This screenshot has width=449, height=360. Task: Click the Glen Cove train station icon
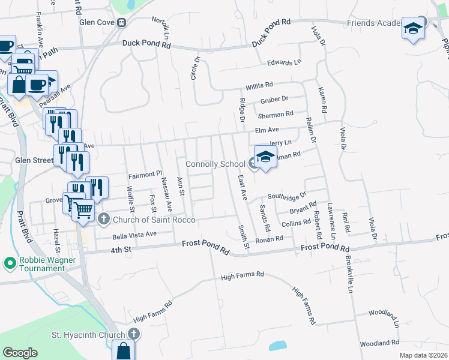click(122, 23)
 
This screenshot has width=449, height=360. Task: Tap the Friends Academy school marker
click(413, 28)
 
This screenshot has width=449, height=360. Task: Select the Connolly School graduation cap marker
click(265, 157)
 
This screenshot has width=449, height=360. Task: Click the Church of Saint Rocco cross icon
click(103, 218)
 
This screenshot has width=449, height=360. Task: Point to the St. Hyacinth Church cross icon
click(133, 334)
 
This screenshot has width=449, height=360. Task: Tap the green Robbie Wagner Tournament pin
click(10, 263)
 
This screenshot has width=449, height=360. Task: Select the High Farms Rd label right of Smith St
click(243, 275)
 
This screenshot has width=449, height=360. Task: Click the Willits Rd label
click(258, 85)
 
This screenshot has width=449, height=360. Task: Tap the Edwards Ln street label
click(284, 62)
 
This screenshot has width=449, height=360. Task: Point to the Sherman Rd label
click(276, 113)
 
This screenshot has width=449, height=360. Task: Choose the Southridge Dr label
click(287, 196)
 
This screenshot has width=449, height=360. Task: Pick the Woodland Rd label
click(380, 343)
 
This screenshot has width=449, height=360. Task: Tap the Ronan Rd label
click(269, 239)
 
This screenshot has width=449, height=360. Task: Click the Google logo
click(20, 353)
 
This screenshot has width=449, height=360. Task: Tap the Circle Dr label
click(196, 67)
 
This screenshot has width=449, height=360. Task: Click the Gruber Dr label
click(274, 99)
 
